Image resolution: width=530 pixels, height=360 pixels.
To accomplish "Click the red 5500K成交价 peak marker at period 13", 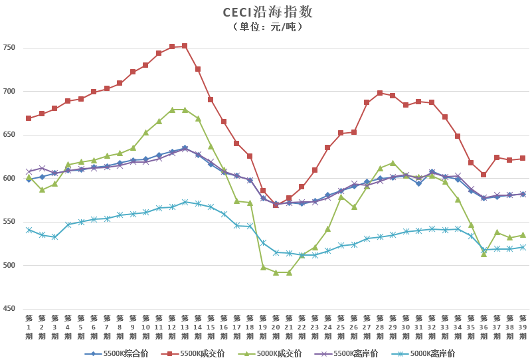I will click(185, 46).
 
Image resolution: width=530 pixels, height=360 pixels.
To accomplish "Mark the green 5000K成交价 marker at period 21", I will click(289, 272).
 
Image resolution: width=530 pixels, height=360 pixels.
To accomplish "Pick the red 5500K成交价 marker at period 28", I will click(380, 93).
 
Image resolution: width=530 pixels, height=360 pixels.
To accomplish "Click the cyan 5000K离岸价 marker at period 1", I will click(29, 230).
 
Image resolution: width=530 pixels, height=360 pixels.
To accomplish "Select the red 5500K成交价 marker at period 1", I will click(29, 118).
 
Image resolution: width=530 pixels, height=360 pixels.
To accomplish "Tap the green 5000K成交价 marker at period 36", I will click(484, 254).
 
